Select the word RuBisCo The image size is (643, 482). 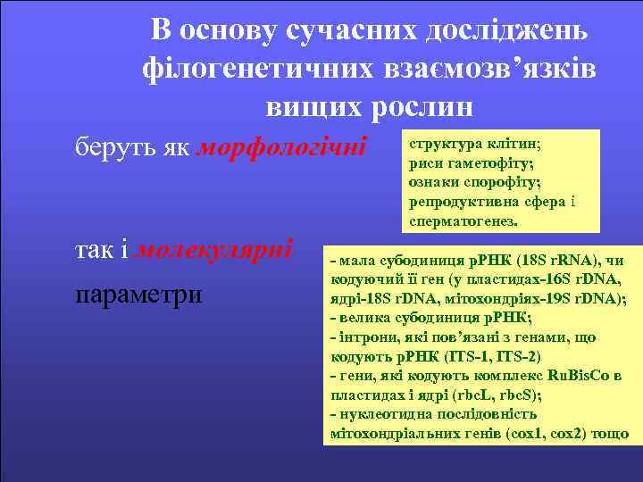click(x=571, y=375)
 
